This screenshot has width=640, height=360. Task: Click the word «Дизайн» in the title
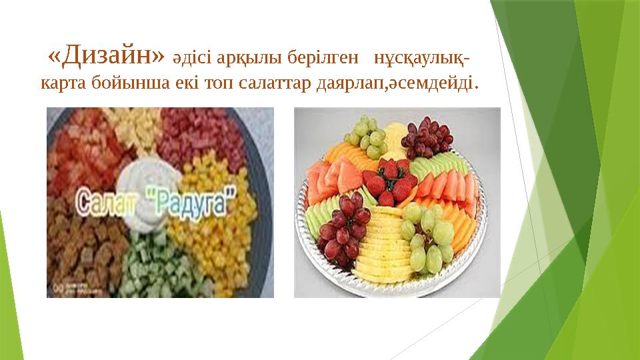(x=106, y=57)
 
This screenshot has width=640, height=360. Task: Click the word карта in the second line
(x=63, y=85)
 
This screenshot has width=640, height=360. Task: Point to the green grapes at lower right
(x=431, y=237)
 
